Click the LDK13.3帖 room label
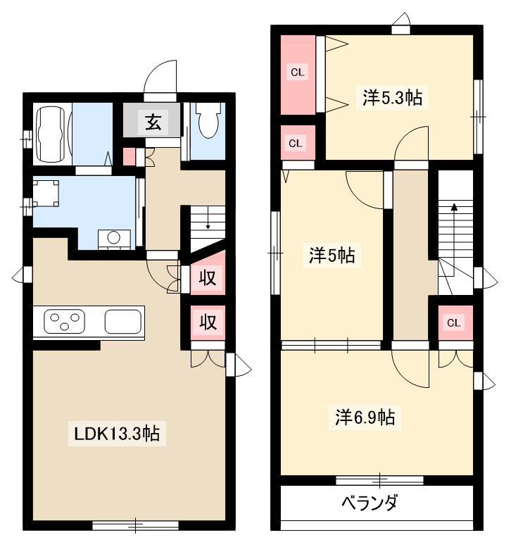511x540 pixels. (x=117, y=433)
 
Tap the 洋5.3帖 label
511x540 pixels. (x=392, y=97)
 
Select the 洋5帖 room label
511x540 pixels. (x=332, y=255)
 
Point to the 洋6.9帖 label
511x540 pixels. (x=365, y=417)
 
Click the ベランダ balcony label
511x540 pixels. (x=370, y=502)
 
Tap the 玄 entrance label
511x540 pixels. (x=153, y=122)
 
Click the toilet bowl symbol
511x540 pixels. (x=208, y=120)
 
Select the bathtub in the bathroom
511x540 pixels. (x=51, y=134)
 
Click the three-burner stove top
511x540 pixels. (x=64, y=321)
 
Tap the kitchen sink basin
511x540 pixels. (x=123, y=322)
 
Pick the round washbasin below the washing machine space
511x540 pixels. (x=113, y=237)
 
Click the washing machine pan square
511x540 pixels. (x=46, y=193)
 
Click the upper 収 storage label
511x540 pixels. (x=208, y=277)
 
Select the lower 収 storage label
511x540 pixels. (x=208, y=322)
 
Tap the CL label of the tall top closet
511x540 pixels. (x=298, y=73)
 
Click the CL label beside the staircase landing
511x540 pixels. (x=453, y=322)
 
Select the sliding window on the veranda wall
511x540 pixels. (x=379, y=480)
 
